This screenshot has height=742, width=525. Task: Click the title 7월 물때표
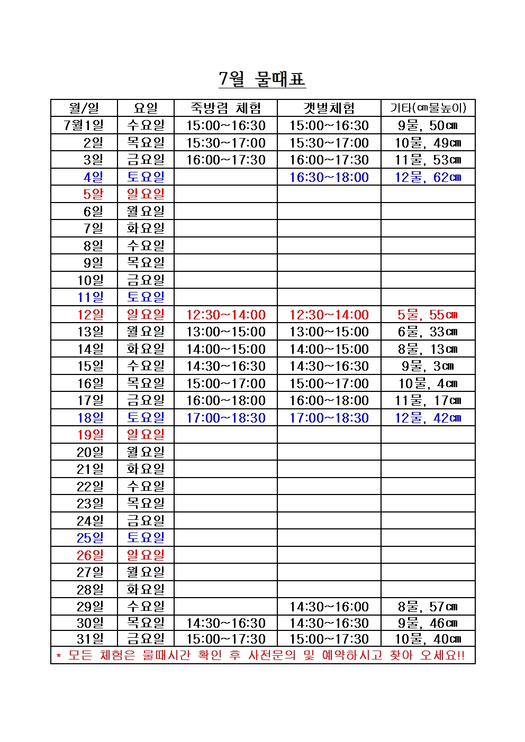point(262,79)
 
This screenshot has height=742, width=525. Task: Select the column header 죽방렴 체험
point(225,108)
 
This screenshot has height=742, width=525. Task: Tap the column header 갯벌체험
point(329,108)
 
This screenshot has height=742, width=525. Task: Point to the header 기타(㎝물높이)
point(428,108)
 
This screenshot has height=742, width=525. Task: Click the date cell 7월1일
point(84,125)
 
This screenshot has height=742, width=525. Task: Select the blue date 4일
point(93,177)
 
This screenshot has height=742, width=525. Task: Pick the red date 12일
point(90,315)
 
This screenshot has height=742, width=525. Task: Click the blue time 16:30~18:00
point(329,177)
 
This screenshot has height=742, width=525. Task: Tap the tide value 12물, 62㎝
point(428,177)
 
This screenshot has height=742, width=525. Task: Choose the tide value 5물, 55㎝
point(428,315)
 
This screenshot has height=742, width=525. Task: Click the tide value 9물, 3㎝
point(428,366)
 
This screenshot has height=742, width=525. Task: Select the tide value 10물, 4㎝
point(428,383)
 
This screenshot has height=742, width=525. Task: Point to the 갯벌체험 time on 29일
point(329,607)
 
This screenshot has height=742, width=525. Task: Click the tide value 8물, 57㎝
point(428,607)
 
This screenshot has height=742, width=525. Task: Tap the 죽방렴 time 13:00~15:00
point(225,332)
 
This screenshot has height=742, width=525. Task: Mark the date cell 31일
point(90,639)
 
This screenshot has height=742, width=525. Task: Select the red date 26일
point(90,555)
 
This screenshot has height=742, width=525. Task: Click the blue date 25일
point(90,538)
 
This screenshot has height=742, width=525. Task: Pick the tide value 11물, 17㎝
point(428,400)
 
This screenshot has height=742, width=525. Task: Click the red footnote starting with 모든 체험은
point(262,655)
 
